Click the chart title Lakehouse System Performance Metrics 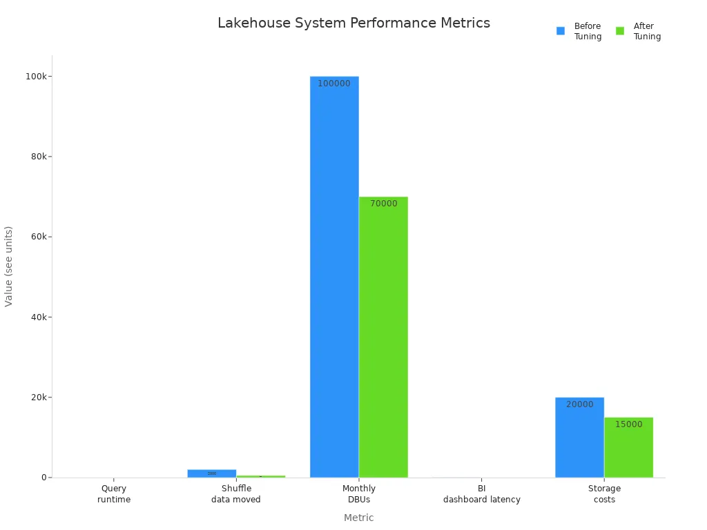[353, 23]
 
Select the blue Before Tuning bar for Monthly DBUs [334, 276]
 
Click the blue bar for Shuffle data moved [211, 473]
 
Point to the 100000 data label [334, 84]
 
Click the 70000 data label [383, 204]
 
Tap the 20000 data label [579, 404]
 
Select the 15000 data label [628, 424]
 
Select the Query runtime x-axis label [114, 494]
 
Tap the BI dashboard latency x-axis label [481, 494]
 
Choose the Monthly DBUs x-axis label [359, 494]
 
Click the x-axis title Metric [358, 518]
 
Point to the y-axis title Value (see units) [9, 266]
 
